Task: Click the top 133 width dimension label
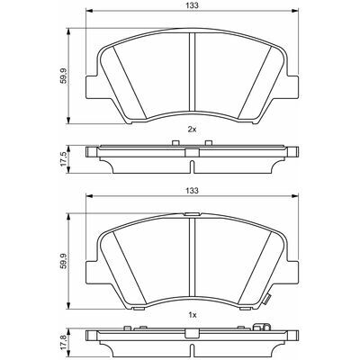[193, 5]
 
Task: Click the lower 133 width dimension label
[193, 190]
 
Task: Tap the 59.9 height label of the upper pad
[63, 76]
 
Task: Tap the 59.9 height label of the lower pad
[63, 261]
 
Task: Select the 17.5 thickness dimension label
[63, 159]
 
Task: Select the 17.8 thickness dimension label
[63, 343]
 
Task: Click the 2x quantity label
[192, 130]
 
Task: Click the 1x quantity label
[192, 315]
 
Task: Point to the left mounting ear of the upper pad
[92, 86]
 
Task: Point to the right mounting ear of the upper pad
[293, 86]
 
